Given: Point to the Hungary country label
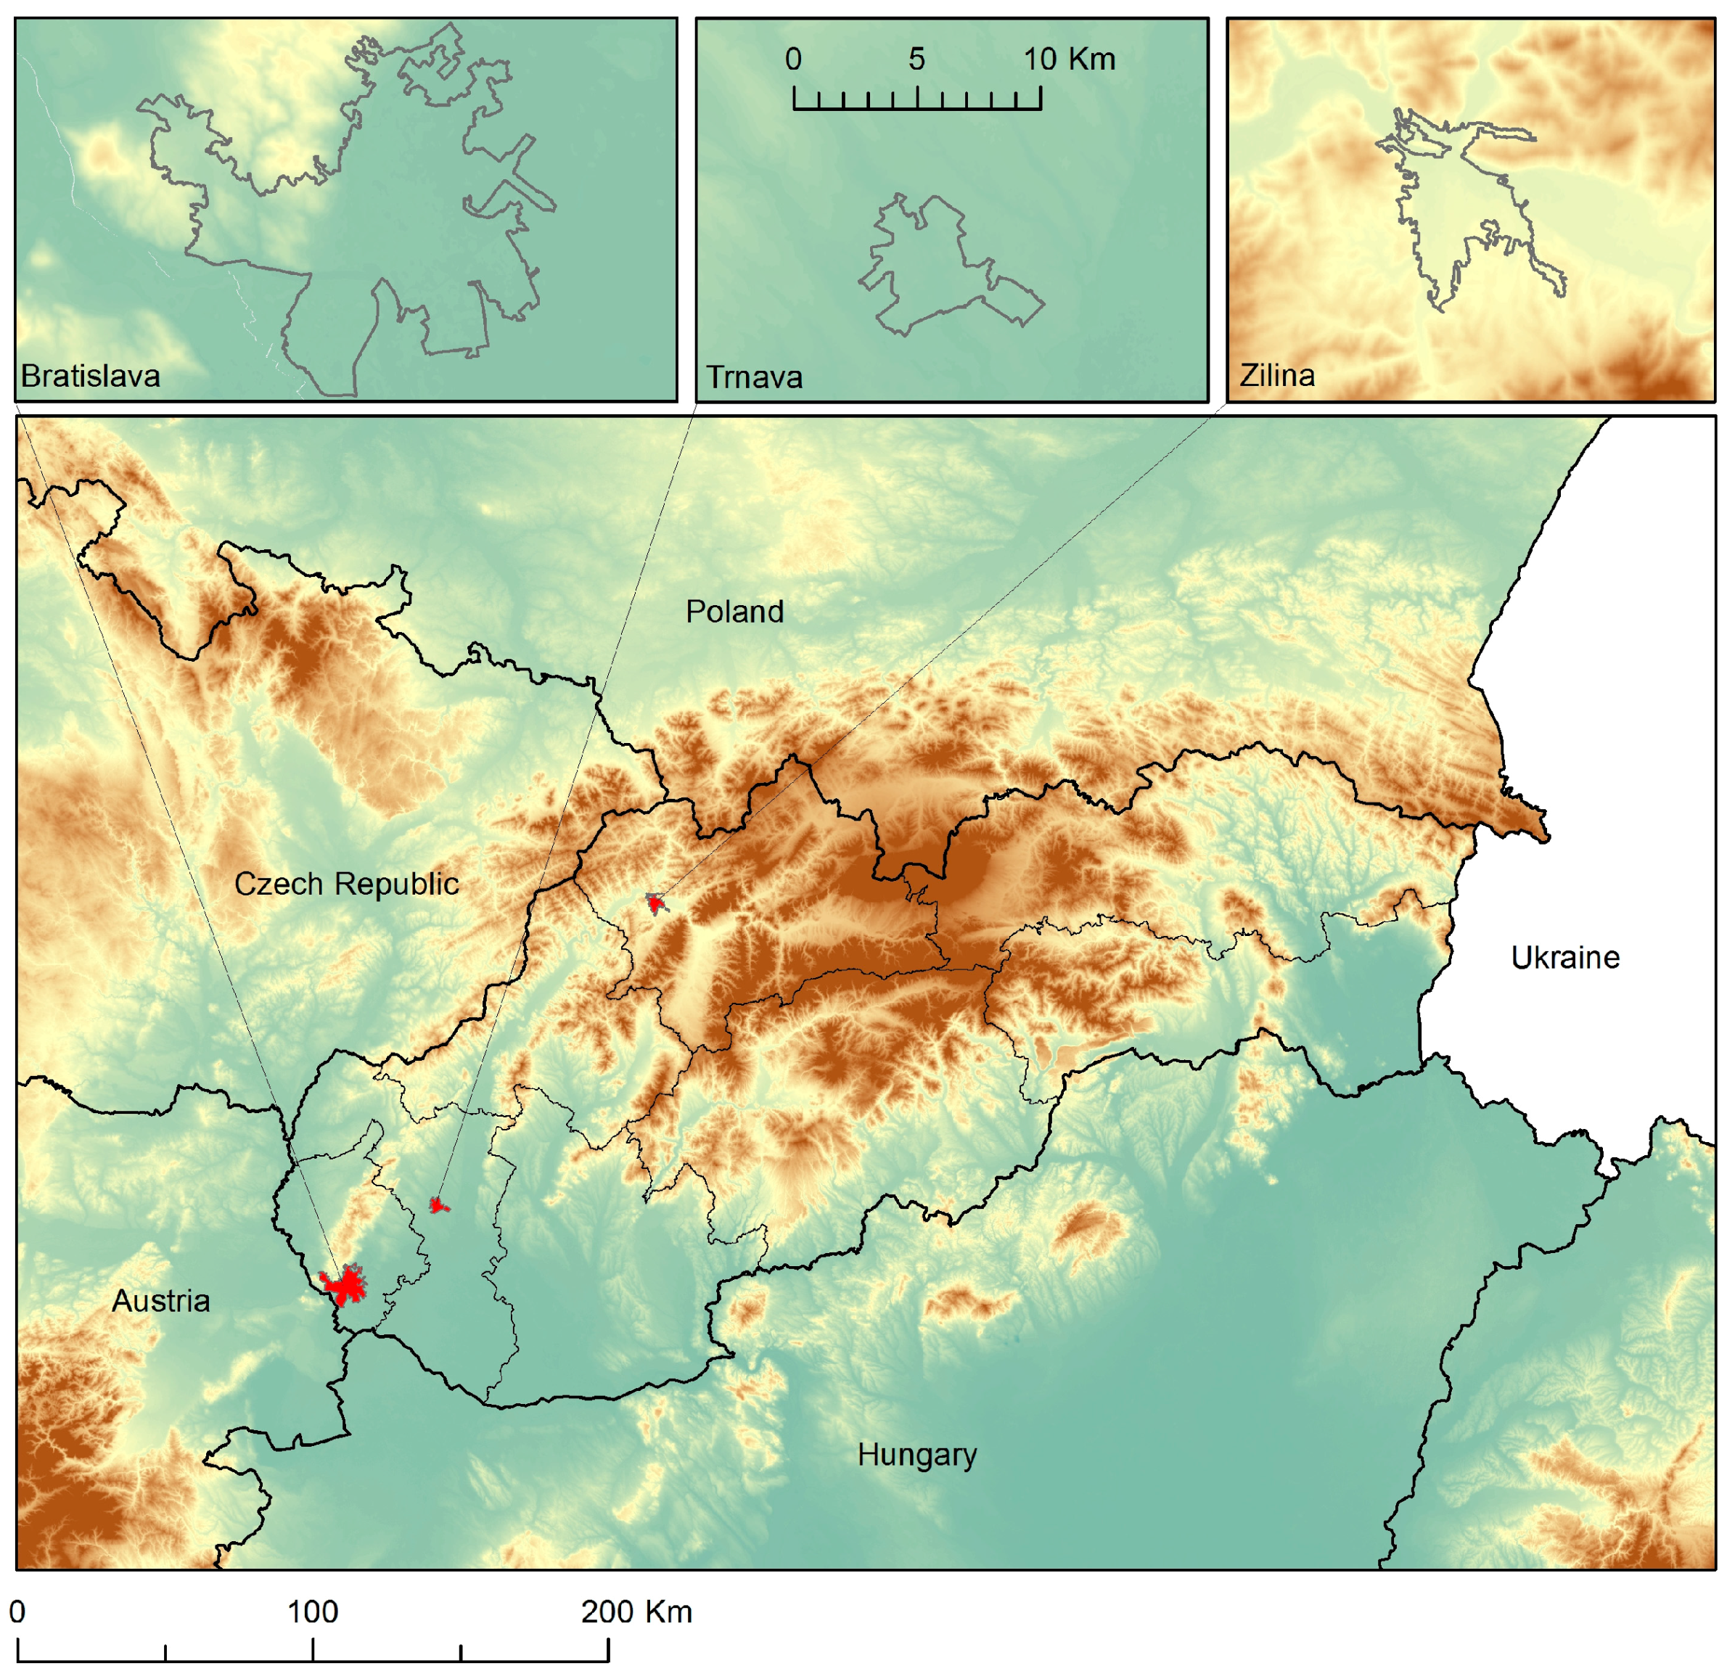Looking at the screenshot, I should [x=916, y=1455].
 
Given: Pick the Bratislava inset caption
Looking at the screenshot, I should [x=90, y=377].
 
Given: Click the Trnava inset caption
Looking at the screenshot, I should [x=753, y=377].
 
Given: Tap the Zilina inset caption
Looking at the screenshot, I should [x=1276, y=376].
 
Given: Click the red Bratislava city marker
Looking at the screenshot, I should [x=345, y=1286].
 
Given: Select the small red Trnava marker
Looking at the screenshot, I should [x=438, y=1204].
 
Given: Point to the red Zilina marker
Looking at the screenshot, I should [x=654, y=904].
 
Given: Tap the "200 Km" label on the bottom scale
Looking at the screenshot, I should [x=636, y=1612].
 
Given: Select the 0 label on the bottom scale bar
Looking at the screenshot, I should [x=17, y=1612].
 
